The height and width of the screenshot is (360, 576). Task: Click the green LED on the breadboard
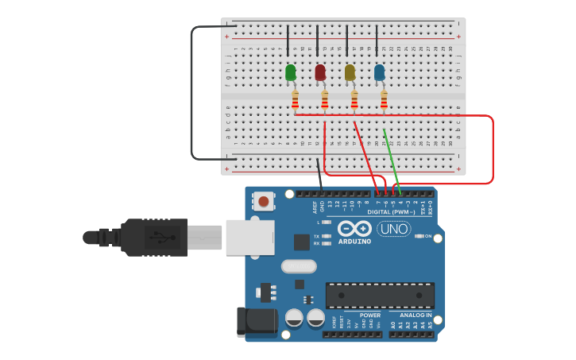coord(291,73)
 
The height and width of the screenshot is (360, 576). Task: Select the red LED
coord(320,73)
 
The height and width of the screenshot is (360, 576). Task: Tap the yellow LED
coord(350,73)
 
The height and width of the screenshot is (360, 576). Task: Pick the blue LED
coord(379,73)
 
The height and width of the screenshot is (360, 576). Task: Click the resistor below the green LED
coord(295,100)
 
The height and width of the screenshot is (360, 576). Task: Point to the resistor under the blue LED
coord(384,100)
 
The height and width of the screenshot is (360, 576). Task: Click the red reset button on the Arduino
coord(263,201)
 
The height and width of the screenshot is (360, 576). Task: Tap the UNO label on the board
coord(393,229)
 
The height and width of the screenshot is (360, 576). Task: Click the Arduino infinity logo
coord(354,229)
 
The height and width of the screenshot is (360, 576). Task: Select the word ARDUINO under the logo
coord(354,242)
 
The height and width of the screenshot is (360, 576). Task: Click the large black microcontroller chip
coord(380,296)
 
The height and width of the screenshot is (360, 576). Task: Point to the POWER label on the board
coord(369,315)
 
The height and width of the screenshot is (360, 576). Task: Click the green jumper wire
coord(391,159)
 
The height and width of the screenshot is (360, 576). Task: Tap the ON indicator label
coord(428,236)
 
